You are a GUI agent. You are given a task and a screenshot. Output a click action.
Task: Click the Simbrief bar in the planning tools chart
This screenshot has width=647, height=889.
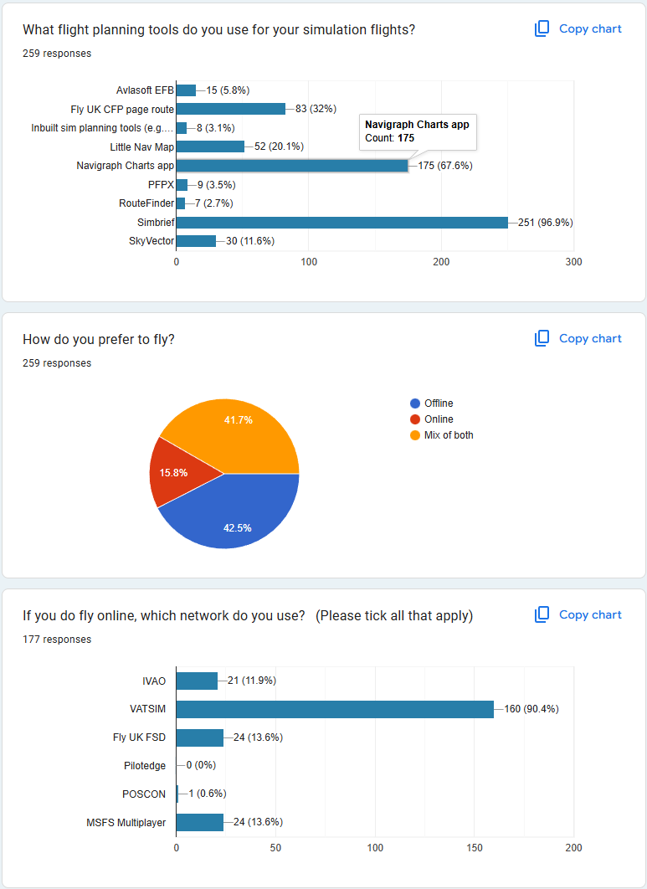(x=341, y=222)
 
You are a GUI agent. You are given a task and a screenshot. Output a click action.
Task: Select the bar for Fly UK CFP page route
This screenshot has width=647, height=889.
(x=231, y=109)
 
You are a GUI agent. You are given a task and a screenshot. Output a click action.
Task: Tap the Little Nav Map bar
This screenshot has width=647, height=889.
(x=210, y=146)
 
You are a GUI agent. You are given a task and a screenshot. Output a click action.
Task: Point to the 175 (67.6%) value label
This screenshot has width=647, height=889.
(x=444, y=166)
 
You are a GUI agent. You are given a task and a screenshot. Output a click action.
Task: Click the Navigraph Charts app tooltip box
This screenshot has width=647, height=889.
(x=417, y=131)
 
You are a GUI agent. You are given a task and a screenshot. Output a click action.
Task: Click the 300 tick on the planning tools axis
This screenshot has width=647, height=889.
(x=573, y=262)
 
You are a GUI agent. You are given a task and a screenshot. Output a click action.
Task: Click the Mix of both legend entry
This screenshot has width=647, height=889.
(x=449, y=435)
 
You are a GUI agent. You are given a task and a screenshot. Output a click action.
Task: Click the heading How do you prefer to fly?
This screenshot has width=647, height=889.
(x=99, y=339)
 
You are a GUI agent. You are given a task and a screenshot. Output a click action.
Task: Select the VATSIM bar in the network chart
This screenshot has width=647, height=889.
(x=335, y=709)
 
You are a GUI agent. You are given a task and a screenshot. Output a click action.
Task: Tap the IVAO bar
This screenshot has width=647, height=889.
(x=197, y=681)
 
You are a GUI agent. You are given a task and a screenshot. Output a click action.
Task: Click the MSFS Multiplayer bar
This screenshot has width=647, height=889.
(x=200, y=822)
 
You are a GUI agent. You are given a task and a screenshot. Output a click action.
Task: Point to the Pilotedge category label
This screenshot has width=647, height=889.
(x=145, y=765)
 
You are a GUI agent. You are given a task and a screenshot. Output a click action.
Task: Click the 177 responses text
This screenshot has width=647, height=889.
(x=57, y=640)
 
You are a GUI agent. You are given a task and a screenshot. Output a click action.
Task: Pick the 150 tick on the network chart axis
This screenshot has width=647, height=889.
(x=475, y=848)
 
